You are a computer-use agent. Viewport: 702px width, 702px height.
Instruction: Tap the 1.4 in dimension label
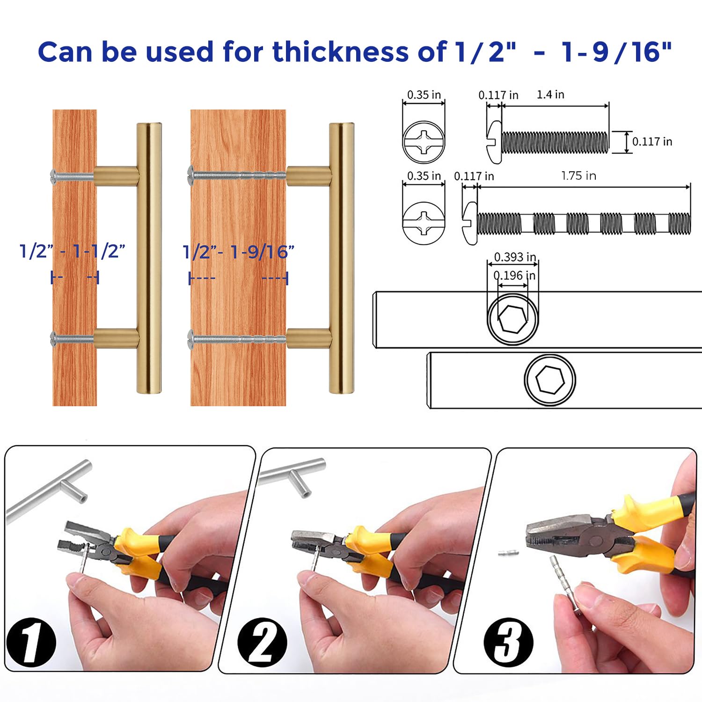pos(550,95)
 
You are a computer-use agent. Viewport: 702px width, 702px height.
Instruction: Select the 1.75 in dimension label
pos(578,176)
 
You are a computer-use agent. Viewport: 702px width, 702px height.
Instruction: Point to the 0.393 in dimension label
pos(515,257)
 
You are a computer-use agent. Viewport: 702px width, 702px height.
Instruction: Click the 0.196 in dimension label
pos(515,275)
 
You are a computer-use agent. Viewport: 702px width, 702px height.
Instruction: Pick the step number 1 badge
pos(31,642)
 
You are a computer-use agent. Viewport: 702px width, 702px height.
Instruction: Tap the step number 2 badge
pos(262,642)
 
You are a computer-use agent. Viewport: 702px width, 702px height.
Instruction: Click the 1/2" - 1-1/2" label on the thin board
pos(73,252)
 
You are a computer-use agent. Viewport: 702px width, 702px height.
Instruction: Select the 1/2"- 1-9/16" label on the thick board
pos(239,252)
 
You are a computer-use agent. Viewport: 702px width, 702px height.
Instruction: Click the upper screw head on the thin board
pos(54,176)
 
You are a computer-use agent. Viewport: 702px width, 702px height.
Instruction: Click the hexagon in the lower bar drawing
pos(550,379)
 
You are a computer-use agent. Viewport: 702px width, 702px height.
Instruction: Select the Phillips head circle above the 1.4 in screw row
pos(424,142)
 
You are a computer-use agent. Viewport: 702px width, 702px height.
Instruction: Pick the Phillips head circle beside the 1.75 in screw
pos(424,223)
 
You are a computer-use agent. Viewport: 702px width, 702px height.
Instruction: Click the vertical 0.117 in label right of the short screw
pos(652,141)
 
